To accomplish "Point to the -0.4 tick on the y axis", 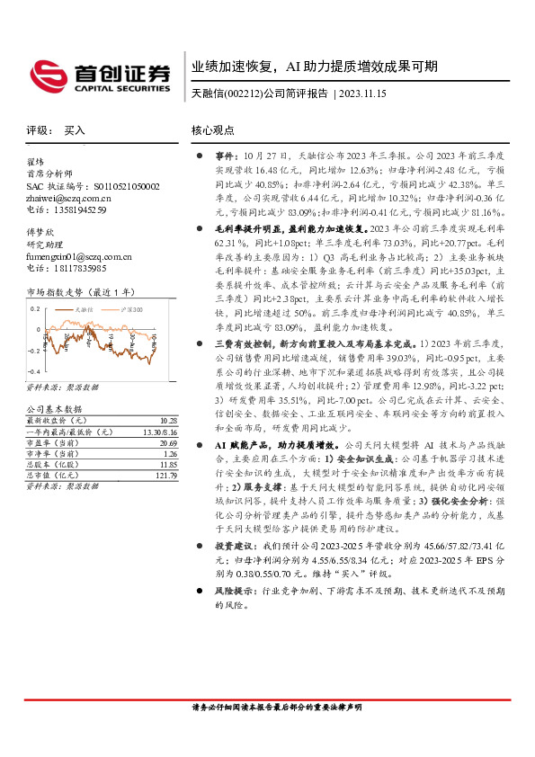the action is tap(33, 370).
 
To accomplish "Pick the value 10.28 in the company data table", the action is tap(167, 420).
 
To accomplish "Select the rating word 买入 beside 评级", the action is tap(76, 130).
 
